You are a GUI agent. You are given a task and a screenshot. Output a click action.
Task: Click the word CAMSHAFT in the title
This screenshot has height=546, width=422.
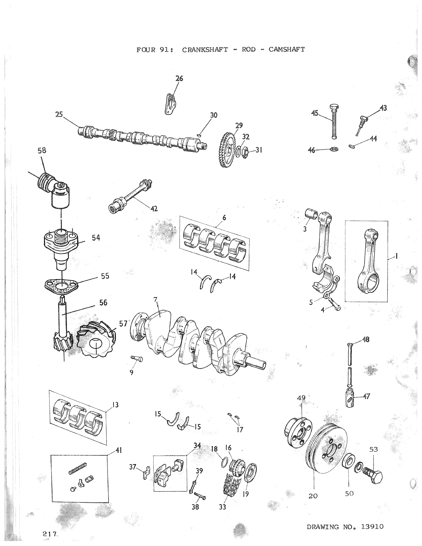[287, 50]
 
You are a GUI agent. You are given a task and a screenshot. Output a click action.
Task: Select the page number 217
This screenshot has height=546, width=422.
[48, 533]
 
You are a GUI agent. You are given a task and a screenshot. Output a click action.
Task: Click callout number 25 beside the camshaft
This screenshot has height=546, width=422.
[59, 114]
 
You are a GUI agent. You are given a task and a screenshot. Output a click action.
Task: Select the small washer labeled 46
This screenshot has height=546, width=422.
[334, 149]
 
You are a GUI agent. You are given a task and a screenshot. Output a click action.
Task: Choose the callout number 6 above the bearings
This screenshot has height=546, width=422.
[224, 217]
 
